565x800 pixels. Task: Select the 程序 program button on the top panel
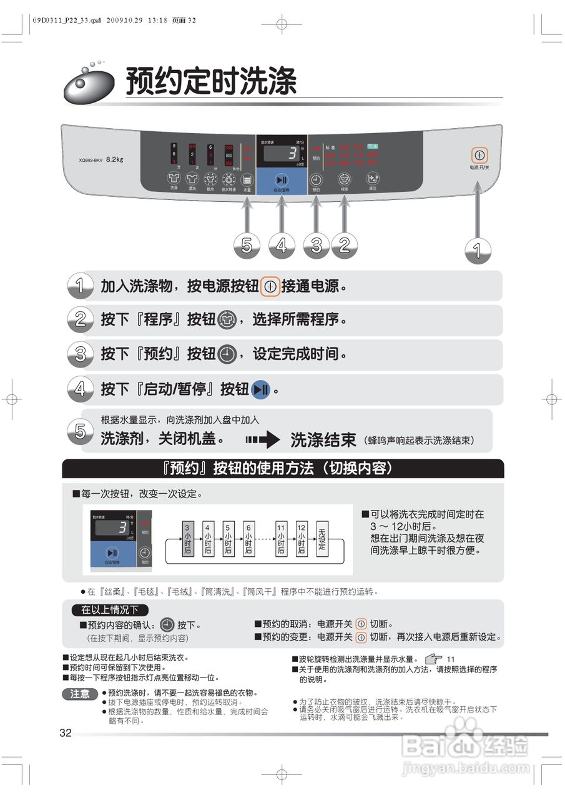(x=344, y=179)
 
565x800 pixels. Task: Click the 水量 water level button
(x=247, y=179)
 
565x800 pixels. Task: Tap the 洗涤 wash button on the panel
(x=174, y=179)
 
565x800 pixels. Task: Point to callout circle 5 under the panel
(x=247, y=246)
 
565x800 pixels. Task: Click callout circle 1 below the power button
(x=478, y=251)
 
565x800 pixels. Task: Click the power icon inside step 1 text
(x=270, y=286)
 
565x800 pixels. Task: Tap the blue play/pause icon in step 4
(x=261, y=390)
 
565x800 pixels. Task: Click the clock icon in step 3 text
(x=227, y=355)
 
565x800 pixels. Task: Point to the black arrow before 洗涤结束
(x=262, y=439)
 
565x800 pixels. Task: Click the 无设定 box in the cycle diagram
(x=322, y=537)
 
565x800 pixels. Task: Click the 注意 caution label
(x=80, y=694)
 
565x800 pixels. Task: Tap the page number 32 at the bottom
(x=66, y=733)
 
